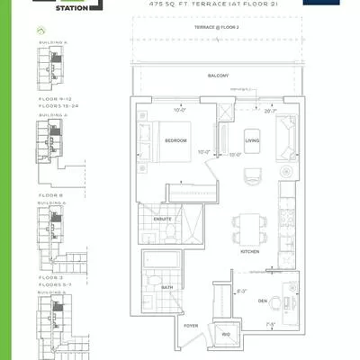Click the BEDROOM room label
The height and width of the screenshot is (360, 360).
175,141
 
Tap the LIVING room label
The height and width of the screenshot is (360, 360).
253,140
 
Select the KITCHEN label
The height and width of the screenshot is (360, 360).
250,252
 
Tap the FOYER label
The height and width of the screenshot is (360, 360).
191,327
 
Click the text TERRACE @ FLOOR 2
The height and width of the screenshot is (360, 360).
217,29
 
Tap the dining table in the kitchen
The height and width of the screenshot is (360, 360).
246,225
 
